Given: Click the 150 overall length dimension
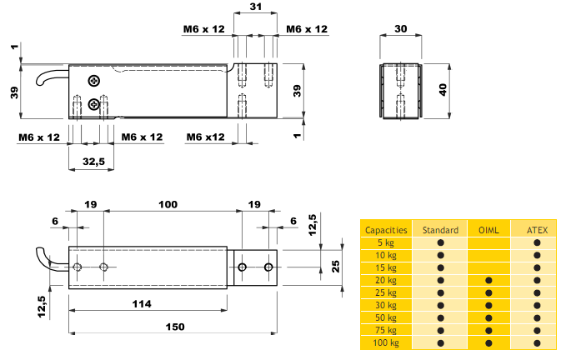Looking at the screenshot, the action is [x=175, y=327].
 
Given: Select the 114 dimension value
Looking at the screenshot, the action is [x=142, y=304].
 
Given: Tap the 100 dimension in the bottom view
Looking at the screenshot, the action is [x=168, y=204].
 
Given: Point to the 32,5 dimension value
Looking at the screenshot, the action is [x=93, y=162].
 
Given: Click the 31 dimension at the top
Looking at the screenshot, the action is [x=256, y=7].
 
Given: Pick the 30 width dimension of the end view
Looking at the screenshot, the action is [x=401, y=29].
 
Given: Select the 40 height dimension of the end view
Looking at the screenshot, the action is [x=443, y=89].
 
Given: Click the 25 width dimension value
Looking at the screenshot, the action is [x=336, y=267].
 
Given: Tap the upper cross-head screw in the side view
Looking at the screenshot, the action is [x=94, y=81].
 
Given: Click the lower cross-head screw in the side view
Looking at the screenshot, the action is [x=94, y=104].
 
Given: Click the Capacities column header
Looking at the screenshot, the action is [x=386, y=230].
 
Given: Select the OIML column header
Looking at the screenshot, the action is [x=488, y=230].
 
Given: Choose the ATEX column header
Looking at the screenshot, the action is [x=537, y=230].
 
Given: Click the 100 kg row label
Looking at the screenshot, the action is [x=386, y=342].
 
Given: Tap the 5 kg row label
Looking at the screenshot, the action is [x=386, y=242].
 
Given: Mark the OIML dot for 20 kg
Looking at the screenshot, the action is [x=488, y=280].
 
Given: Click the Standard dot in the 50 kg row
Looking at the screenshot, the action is [x=441, y=317].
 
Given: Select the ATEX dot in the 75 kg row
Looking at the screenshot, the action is [x=537, y=331].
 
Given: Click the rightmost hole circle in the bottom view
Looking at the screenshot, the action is [x=268, y=267].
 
